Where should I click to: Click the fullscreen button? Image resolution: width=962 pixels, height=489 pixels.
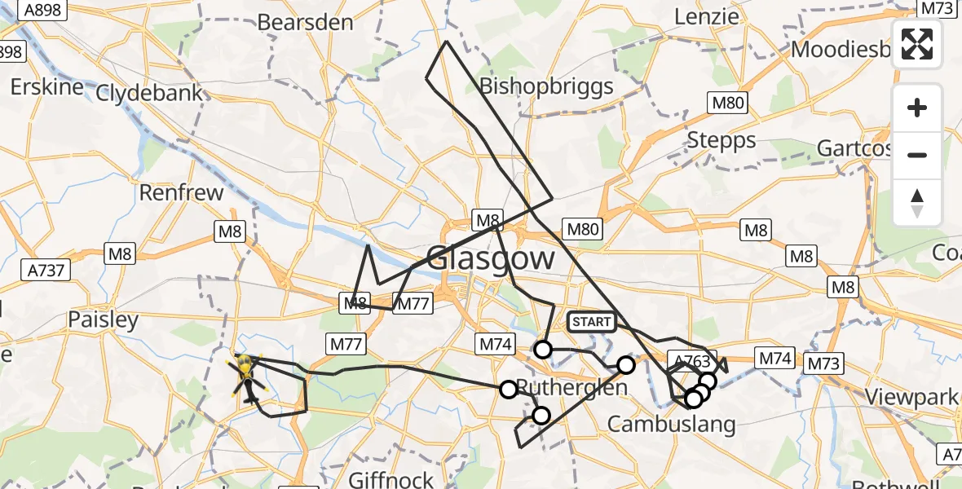coord(917,44)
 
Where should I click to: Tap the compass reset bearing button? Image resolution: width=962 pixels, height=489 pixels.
coord(917,203)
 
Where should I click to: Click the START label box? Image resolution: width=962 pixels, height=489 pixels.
coord(591,322)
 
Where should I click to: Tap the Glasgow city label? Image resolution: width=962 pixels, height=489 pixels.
coord(490,259)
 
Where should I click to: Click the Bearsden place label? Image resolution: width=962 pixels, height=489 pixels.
coord(305,22)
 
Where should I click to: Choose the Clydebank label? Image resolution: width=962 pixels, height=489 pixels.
coord(149,92)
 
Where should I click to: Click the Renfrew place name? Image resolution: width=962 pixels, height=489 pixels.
coord(181,193)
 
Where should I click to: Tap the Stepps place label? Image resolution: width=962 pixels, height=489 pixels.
coord(721,140)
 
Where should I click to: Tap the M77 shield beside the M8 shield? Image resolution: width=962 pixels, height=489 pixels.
coord(413,305)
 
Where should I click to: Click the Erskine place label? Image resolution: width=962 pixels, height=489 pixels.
coord(48,86)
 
